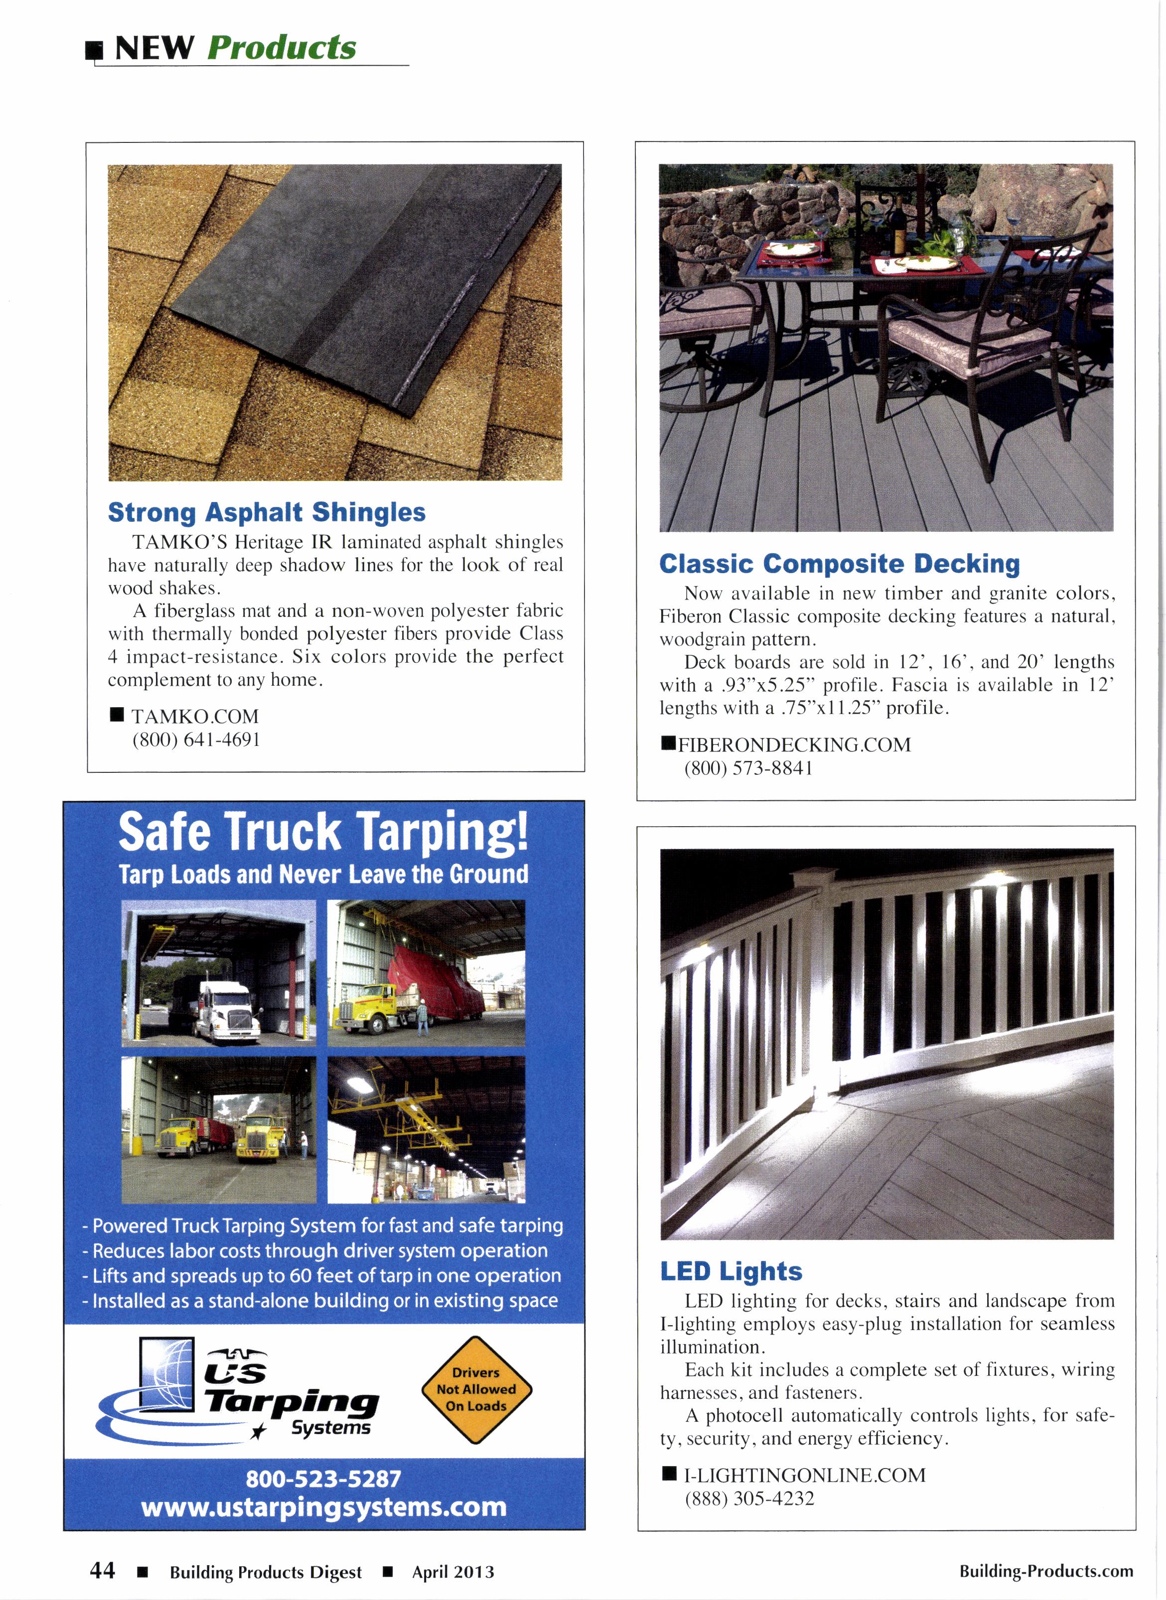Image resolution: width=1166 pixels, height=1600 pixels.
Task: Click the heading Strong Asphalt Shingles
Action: coord(266,512)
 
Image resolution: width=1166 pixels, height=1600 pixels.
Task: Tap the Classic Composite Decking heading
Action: coord(839,564)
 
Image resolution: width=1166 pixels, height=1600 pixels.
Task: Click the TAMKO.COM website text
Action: coord(195,717)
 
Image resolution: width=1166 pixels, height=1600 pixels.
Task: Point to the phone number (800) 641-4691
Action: coord(196,740)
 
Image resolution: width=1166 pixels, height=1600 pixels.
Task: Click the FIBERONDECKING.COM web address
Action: coord(794,745)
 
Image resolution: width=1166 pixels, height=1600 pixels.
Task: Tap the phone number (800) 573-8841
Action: coord(748,768)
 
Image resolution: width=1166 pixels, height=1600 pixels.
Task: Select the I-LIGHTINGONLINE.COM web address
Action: coord(805,1475)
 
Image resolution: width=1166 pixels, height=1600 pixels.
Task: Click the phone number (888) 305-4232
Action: coord(749,1498)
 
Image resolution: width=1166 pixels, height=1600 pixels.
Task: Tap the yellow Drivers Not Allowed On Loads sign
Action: coord(476,1389)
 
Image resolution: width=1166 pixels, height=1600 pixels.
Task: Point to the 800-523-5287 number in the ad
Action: coord(323,1478)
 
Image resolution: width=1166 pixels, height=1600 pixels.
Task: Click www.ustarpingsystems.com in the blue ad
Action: coord(324,1507)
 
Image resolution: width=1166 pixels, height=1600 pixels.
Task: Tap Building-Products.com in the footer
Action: coord(1045,1571)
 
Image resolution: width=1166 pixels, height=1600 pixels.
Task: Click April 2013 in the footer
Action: coord(453,1572)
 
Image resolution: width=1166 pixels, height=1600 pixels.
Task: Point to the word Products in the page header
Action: coord(282,48)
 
